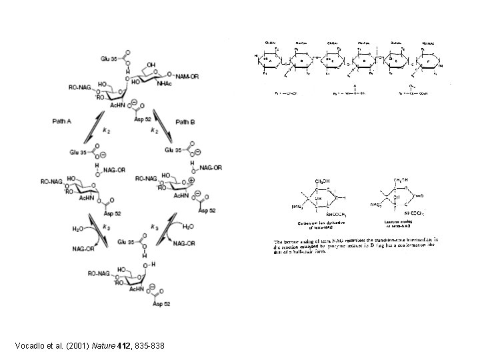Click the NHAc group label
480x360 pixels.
(x=166, y=84)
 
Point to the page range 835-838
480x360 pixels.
(x=147, y=345)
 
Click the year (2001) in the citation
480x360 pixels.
(x=79, y=345)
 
